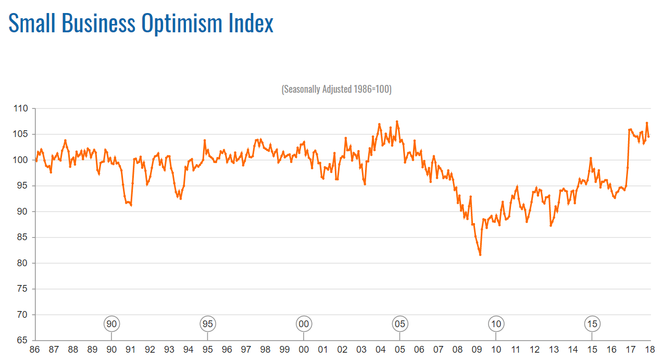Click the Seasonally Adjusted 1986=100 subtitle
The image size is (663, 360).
tap(336, 89)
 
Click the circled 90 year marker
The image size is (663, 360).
tap(111, 324)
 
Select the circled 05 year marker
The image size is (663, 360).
tap(399, 324)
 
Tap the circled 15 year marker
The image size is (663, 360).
tap(592, 324)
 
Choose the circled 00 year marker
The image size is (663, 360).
tap(304, 324)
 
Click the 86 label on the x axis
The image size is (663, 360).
tap(34, 350)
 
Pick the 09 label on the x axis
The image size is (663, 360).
tap(477, 350)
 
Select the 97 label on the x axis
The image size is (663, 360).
tap(246, 350)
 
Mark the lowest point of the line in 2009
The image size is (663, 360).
tap(480, 255)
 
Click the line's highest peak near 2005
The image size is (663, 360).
tap(397, 121)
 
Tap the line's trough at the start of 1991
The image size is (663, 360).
tap(131, 205)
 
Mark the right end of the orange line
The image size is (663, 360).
tap(648, 136)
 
